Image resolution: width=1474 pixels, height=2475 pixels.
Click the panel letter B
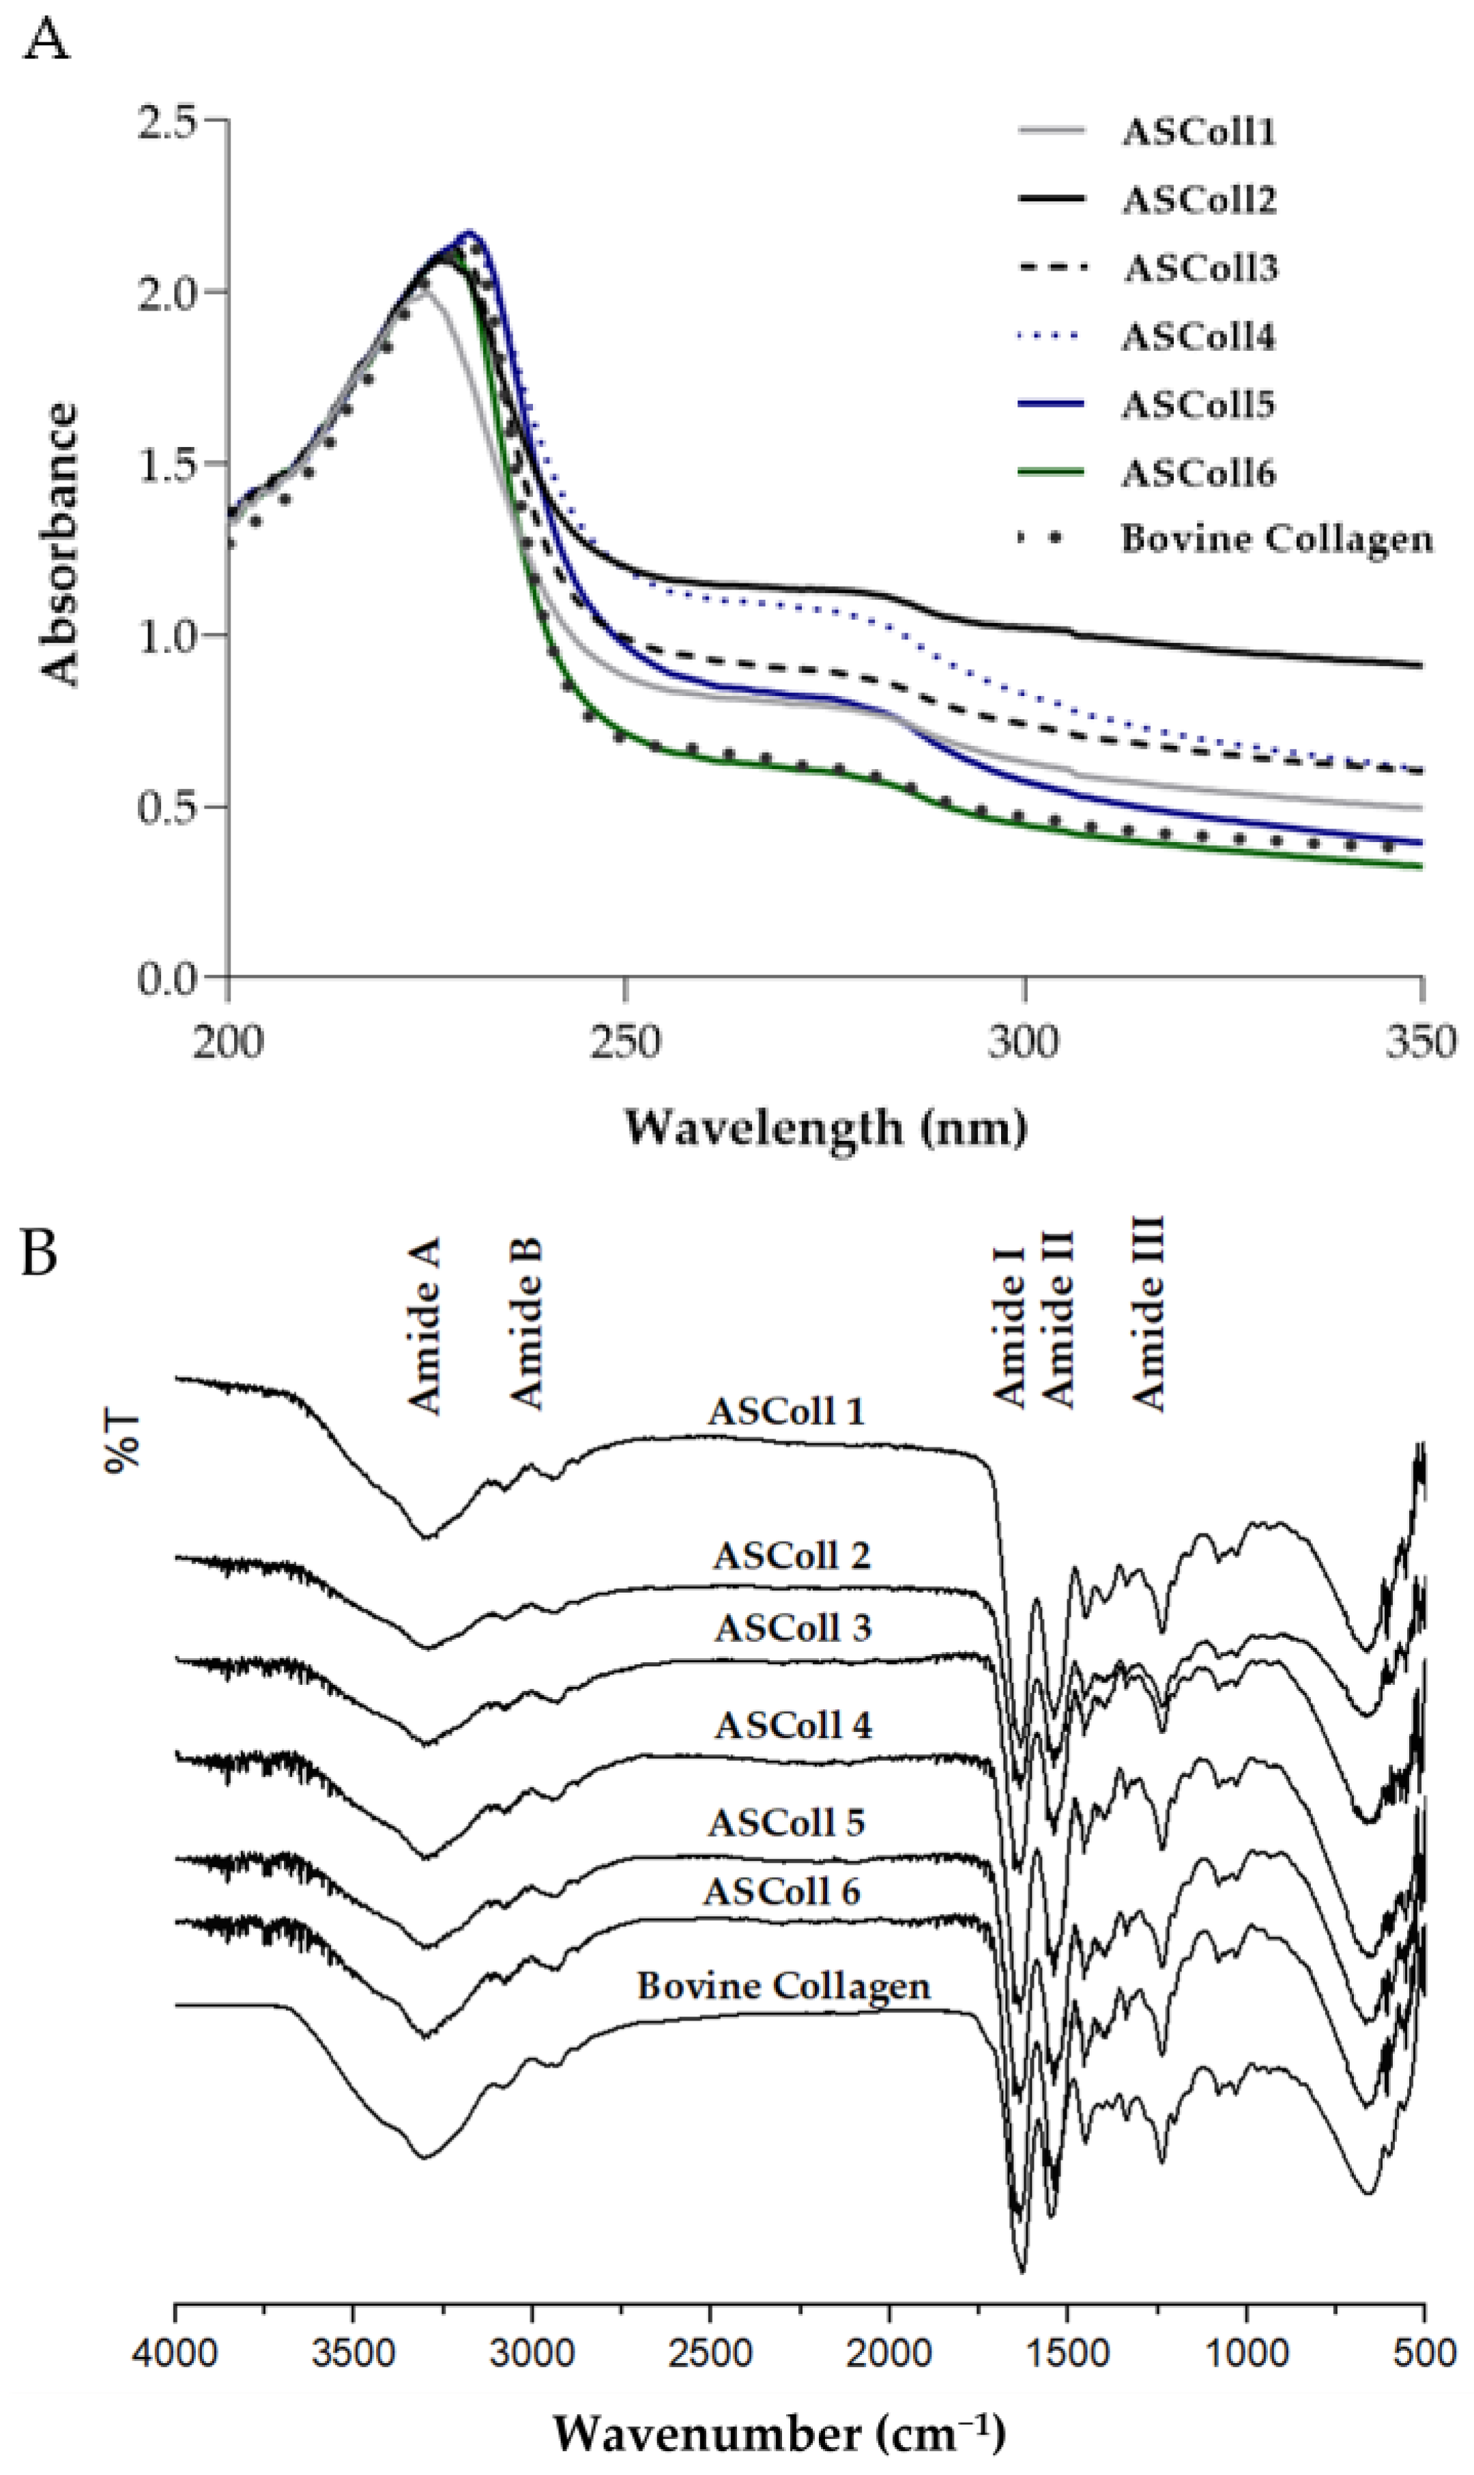pyautogui.click(x=40, y=1254)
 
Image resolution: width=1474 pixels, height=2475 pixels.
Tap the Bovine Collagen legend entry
pyautogui.click(x=1276, y=539)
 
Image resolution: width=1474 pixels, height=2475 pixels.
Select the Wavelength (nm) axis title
pyautogui.click(x=824, y=1128)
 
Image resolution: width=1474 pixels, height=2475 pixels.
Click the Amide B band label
pyautogui.click(x=526, y=1324)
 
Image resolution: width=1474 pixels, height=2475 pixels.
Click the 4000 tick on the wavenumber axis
pyautogui.click(x=176, y=2354)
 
